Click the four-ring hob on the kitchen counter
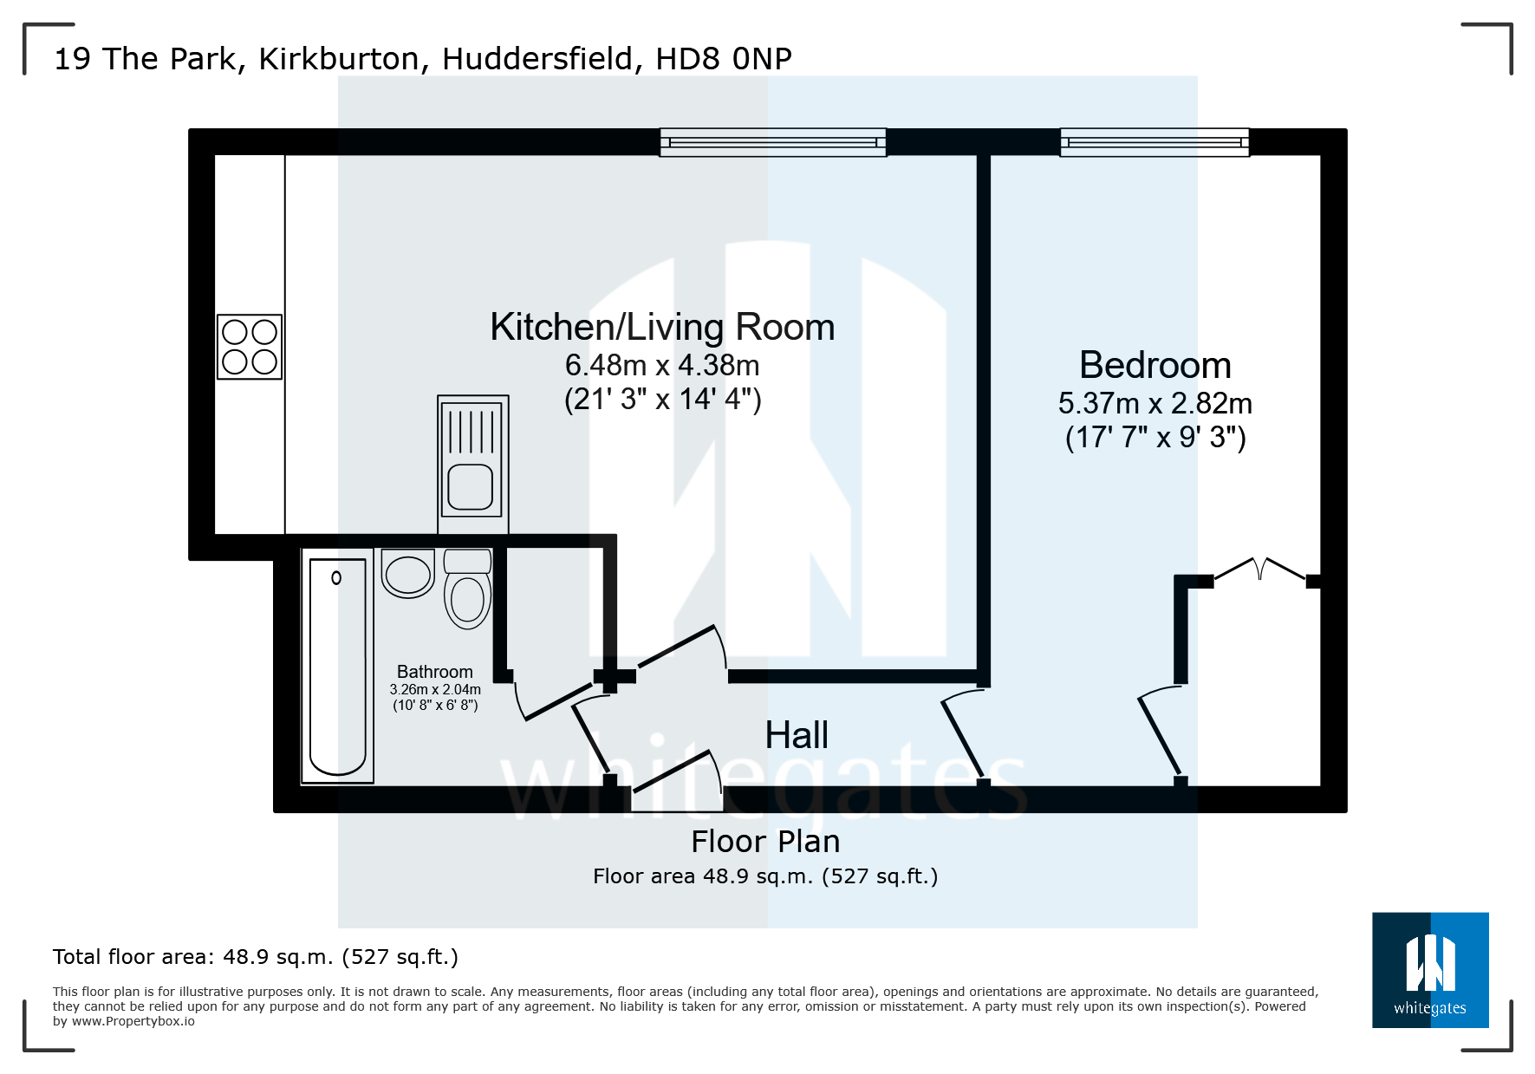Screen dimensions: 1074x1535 [250, 347]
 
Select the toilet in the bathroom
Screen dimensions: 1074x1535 [467, 590]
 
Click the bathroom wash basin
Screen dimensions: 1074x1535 [407, 574]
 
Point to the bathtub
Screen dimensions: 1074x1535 [337, 666]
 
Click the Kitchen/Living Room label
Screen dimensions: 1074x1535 [662, 328]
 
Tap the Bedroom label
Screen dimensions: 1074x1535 [1155, 365]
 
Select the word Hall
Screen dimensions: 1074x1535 [797, 736]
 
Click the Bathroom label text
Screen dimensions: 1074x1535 [434, 672]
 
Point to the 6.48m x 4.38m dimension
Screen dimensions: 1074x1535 [662, 366]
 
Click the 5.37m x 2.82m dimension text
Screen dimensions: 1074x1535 [1155, 404]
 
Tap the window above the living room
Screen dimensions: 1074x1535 [772, 142]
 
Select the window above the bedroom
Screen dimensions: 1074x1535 [1154, 142]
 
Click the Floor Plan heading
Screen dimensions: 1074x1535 [765, 842]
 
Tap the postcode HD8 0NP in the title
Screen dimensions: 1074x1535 [723, 59]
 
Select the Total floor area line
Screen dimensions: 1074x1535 [255, 957]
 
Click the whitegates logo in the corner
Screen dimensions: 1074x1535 [1429, 970]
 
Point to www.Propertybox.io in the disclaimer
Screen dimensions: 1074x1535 [133, 1022]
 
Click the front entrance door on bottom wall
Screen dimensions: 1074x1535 [678, 776]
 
